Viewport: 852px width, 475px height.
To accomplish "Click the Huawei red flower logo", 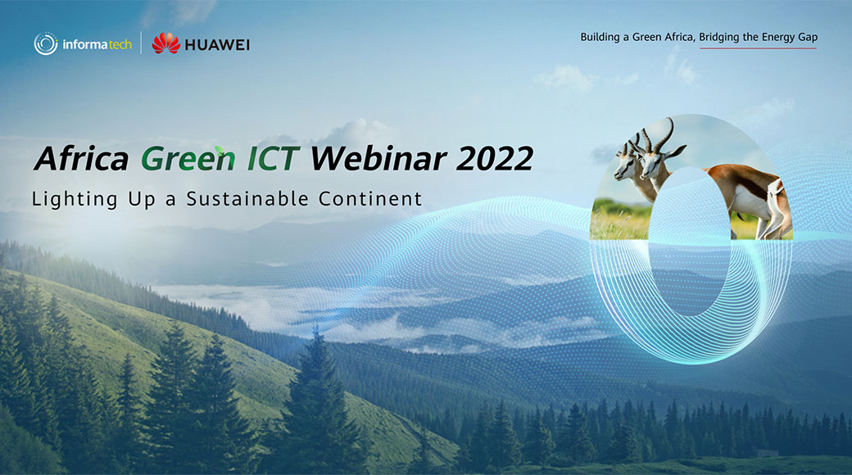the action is coord(165,43).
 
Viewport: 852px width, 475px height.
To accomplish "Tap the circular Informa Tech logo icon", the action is coord(46,43).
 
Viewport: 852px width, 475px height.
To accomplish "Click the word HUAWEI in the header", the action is coord(217,45).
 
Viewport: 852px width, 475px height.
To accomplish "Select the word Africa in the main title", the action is coord(81,159).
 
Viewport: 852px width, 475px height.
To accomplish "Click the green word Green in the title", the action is coord(188,159).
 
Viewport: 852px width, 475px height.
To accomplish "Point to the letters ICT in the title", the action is coord(274,159).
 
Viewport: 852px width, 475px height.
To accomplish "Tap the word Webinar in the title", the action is coord(378,159).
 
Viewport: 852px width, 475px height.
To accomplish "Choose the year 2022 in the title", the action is coord(495,159).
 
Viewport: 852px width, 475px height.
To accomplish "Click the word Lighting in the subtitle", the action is coord(75,200).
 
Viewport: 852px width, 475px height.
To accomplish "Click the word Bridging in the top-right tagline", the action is coord(719,38).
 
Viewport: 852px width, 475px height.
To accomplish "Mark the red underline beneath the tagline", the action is coord(758,48).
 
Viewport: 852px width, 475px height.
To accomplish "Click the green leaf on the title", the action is coord(220,150).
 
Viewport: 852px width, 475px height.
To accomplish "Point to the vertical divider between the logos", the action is coord(141,43).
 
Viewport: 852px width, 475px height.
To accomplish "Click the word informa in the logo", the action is coord(85,44).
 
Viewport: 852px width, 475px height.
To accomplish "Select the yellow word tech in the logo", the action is coord(120,44).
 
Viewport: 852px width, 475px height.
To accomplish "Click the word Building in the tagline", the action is coord(600,38).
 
